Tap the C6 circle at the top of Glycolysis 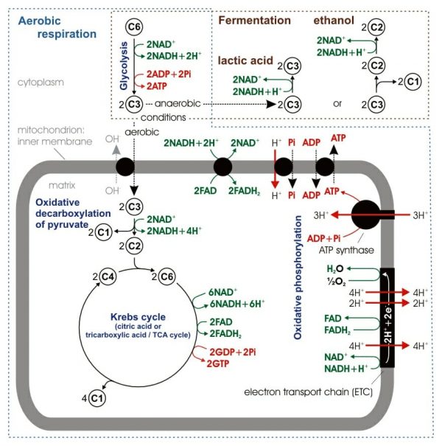133,27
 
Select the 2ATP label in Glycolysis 161,86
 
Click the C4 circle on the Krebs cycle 108,277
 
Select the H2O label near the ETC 334,269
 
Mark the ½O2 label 334,281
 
